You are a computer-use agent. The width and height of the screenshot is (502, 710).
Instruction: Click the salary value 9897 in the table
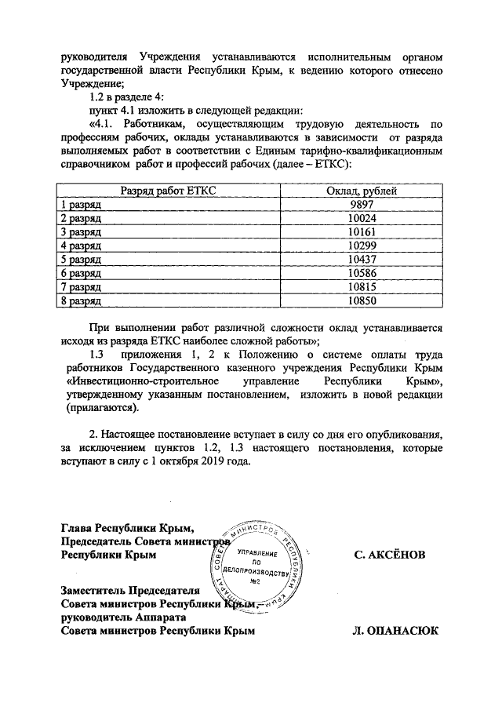point(361,205)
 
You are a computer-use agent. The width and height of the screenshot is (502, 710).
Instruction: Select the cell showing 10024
point(361,219)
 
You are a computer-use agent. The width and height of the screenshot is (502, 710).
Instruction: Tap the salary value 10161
point(361,233)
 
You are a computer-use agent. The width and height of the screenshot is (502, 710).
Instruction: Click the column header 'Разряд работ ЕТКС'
point(169,191)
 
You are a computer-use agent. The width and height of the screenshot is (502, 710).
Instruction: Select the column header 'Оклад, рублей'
point(361,191)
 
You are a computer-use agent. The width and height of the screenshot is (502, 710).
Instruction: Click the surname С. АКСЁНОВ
point(390,555)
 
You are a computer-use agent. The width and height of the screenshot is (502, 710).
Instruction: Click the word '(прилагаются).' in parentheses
point(99,409)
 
